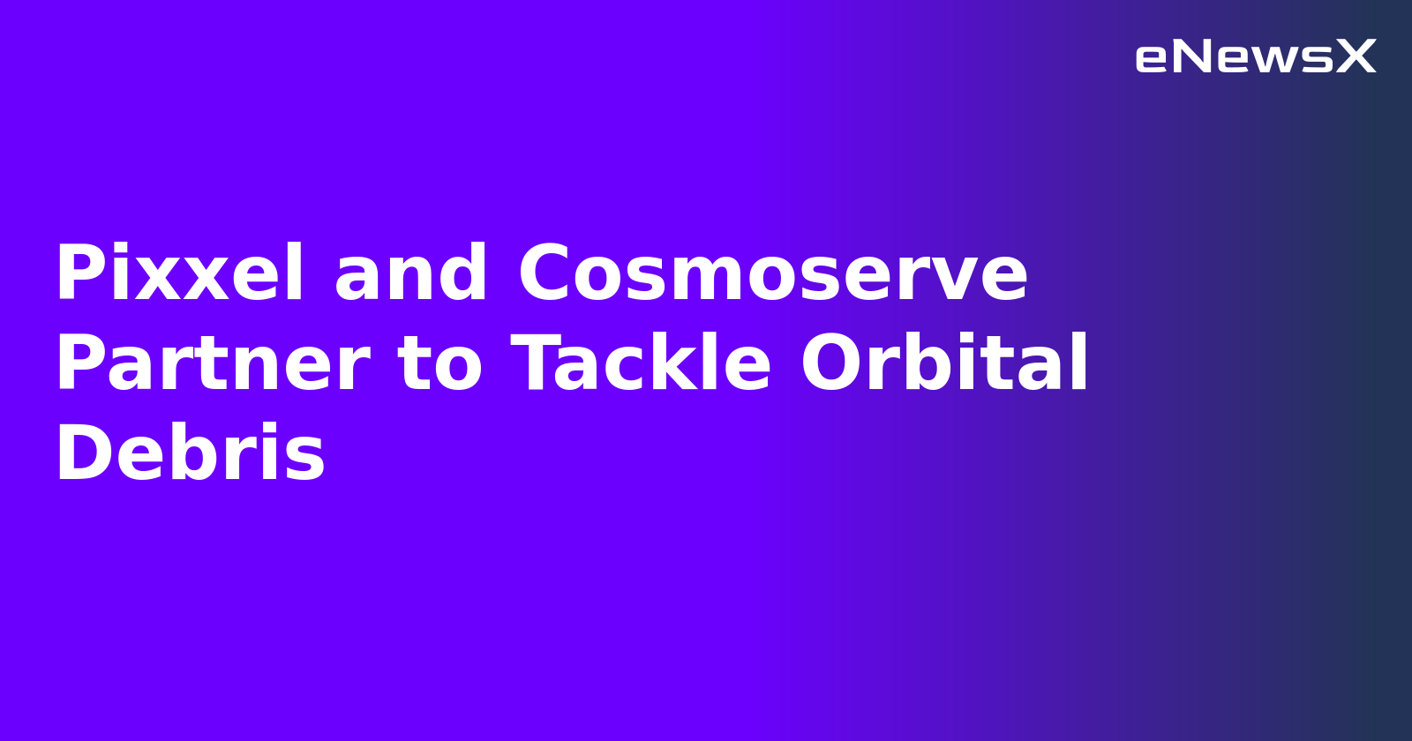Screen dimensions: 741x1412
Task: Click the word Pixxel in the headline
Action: click(x=180, y=274)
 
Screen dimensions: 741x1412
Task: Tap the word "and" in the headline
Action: click(x=410, y=274)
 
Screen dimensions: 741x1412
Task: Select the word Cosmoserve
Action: click(x=772, y=274)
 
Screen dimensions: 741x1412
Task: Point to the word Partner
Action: click(x=213, y=364)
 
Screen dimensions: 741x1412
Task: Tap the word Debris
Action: click(x=190, y=454)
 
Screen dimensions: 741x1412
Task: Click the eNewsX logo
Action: click(x=1255, y=57)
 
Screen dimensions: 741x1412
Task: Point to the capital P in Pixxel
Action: click(x=78, y=274)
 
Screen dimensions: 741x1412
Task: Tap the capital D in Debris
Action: click(x=81, y=454)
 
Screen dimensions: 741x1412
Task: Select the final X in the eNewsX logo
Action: click(x=1356, y=57)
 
